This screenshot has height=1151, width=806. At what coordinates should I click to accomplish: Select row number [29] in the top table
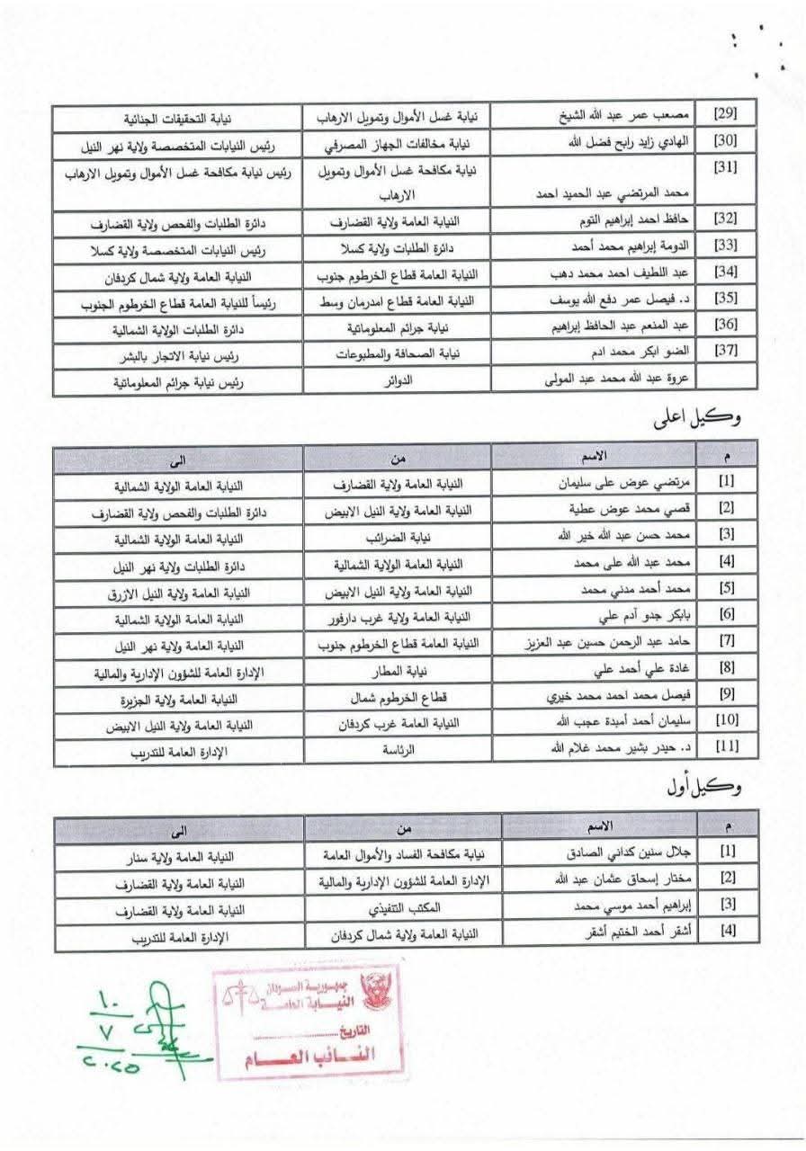[x=724, y=118]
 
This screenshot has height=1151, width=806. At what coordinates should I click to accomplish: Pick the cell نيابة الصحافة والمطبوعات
[x=405, y=355]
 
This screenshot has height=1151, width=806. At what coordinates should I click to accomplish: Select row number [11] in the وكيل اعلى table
[x=725, y=748]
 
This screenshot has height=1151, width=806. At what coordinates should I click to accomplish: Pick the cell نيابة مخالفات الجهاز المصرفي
[x=405, y=143]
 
